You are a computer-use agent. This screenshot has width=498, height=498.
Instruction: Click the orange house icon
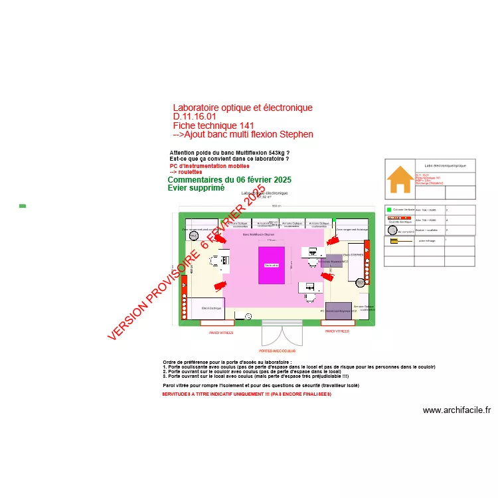(x=399, y=179)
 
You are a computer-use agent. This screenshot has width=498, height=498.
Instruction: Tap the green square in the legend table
(x=389, y=209)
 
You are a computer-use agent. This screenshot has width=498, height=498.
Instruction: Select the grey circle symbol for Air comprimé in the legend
(x=392, y=231)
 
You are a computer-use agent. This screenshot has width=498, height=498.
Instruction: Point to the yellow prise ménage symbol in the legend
(x=393, y=242)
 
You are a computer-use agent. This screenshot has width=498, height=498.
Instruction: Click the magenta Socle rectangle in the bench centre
(x=271, y=265)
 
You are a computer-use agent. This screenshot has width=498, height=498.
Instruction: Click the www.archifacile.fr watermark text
(x=456, y=410)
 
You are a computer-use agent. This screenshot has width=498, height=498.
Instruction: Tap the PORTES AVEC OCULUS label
(x=277, y=350)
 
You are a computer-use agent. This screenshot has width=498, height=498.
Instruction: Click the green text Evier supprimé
(x=196, y=188)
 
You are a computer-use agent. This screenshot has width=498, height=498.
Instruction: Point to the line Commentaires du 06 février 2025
(x=229, y=180)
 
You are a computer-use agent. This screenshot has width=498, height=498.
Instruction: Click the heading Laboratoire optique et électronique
(x=242, y=108)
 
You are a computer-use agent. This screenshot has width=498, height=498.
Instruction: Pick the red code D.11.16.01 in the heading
(x=195, y=117)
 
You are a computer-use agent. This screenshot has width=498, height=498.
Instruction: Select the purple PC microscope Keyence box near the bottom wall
(x=339, y=310)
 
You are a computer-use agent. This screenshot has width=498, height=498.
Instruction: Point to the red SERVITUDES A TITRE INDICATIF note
(x=246, y=394)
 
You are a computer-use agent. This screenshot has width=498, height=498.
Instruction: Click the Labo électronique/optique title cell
(x=445, y=165)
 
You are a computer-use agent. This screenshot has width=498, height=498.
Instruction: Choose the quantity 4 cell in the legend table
(x=446, y=220)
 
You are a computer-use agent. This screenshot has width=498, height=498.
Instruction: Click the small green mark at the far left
(x=23, y=206)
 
